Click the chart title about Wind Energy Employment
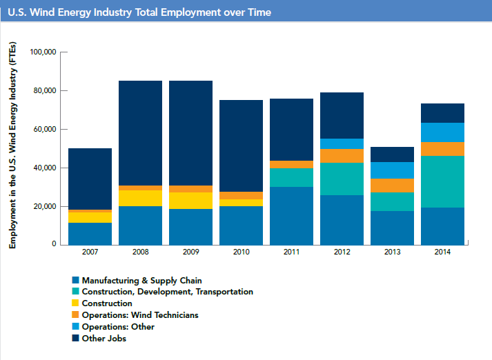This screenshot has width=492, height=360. click(138, 12)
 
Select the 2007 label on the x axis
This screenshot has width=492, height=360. click(90, 252)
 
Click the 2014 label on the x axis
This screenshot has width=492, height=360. click(442, 252)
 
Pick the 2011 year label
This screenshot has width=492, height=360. click(291, 252)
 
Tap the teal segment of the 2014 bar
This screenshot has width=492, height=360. click(442, 181)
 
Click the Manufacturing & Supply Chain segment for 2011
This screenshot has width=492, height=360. click(291, 216)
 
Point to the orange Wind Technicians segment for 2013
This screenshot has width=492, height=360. click(392, 186)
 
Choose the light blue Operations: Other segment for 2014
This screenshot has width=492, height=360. click(442, 132)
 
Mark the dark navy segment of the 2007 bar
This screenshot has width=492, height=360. click(90, 179)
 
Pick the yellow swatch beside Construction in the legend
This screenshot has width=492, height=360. click(75, 303)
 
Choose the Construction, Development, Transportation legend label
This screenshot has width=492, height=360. click(167, 292)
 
